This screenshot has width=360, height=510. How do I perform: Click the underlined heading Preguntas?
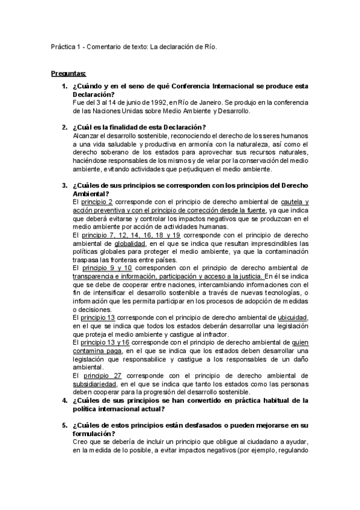69,73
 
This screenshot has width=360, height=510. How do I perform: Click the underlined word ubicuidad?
293,317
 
